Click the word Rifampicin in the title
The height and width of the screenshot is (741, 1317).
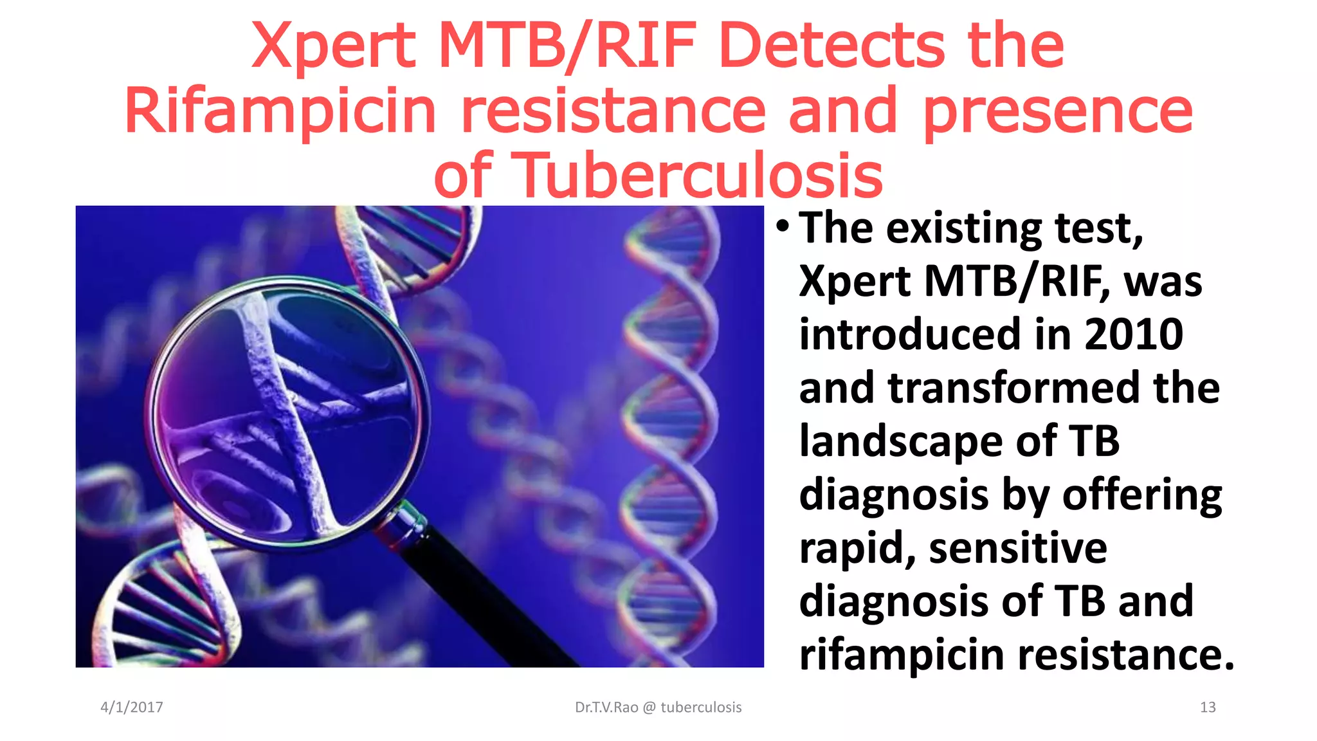coord(280,111)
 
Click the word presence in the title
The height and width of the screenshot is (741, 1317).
coord(1058,111)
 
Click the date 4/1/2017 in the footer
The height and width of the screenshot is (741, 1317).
coord(132,708)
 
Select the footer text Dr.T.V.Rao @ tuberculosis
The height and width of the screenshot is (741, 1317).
coord(658,708)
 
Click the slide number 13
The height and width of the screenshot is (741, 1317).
coord(1207,708)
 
